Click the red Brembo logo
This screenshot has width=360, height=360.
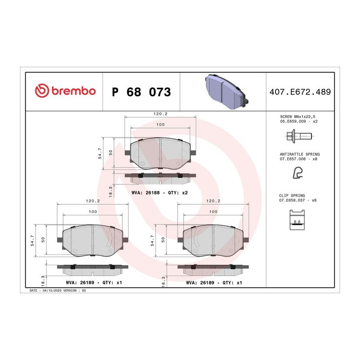[x=65, y=91]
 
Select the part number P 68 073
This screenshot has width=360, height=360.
[x=142, y=92]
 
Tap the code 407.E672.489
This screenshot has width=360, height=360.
[x=300, y=92]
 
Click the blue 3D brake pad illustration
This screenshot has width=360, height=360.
[x=226, y=91]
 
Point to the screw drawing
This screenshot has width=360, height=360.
[x=299, y=136]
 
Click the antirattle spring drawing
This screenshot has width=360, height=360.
[x=298, y=173]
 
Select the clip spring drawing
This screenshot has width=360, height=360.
[x=297, y=220]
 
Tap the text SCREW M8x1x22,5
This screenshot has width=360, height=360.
[x=298, y=117]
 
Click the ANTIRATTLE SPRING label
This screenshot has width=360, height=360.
[x=300, y=154]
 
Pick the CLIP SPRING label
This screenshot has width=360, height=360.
[x=292, y=196]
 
